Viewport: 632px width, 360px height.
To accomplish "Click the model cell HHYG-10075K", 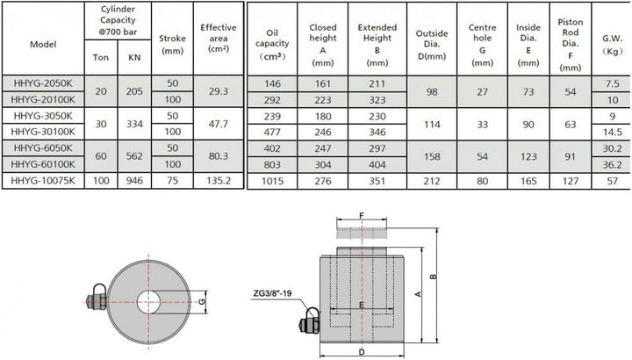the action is tap(43, 181).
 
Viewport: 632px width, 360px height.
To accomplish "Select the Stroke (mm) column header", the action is tap(173, 45).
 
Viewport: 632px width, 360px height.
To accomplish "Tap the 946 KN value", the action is tap(134, 181).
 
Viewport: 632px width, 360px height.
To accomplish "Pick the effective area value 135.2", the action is tap(219, 181).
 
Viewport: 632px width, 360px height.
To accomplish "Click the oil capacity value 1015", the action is tap(272, 182).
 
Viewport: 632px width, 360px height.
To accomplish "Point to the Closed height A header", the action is tap(323, 45).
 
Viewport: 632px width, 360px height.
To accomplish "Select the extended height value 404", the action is tap(377, 165).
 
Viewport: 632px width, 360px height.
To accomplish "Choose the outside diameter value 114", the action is tap(432, 125).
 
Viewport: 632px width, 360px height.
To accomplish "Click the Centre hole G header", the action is tap(483, 45).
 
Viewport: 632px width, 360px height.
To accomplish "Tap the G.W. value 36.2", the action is tap(613, 165).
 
